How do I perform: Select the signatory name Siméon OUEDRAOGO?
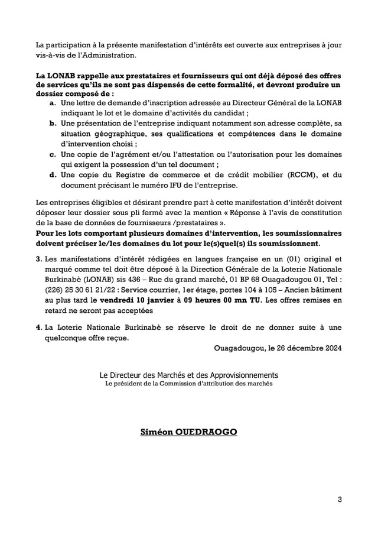tap(188, 432)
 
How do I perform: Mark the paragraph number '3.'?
tap(39, 259)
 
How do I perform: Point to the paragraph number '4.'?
tap(39, 328)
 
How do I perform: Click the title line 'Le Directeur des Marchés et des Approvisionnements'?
tap(188, 375)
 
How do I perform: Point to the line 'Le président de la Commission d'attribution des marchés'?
tap(188, 384)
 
